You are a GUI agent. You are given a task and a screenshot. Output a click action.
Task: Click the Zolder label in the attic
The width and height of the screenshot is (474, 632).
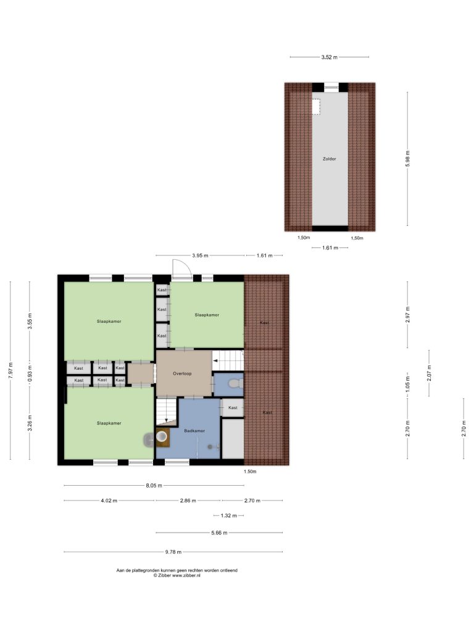(x=330, y=159)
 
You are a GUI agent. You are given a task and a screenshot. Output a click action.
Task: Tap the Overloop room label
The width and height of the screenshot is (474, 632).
(x=182, y=373)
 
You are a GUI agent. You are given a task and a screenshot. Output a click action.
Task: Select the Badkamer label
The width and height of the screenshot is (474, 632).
(x=194, y=431)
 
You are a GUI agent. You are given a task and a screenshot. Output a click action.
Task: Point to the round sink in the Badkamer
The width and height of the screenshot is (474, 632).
(x=162, y=436)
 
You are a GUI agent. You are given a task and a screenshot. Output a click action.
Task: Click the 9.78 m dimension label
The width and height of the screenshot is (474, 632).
(x=173, y=552)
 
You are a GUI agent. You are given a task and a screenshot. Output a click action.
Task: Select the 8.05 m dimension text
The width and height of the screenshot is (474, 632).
(x=154, y=486)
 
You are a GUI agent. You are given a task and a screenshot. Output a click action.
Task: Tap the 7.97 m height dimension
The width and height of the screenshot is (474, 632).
(x=10, y=370)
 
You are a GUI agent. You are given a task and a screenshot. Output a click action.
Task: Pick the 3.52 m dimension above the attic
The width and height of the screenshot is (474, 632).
(x=330, y=57)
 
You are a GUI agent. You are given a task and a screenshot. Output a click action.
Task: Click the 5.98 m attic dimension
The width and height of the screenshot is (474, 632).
(x=407, y=159)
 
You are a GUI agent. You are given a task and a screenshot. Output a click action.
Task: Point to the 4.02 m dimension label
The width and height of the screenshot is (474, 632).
(x=109, y=501)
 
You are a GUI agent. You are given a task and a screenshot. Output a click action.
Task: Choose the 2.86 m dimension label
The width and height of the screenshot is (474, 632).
(x=188, y=501)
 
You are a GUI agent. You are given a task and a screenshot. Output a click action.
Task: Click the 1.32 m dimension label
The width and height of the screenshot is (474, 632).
(x=228, y=515)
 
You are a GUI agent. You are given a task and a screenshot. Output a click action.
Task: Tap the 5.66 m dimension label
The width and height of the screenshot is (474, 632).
(x=219, y=533)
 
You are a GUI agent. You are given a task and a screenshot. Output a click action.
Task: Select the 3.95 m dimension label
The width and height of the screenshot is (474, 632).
(x=200, y=256)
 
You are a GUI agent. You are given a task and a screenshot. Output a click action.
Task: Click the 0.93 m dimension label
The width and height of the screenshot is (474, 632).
(x=30, y=373)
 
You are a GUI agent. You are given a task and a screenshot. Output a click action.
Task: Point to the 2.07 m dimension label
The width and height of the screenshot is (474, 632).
(x=430, y=373)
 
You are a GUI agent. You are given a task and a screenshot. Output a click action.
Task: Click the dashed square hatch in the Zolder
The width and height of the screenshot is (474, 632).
(x=316, y=107)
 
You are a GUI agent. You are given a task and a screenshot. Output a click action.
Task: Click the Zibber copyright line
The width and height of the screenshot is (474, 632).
(x=177, y=576)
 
